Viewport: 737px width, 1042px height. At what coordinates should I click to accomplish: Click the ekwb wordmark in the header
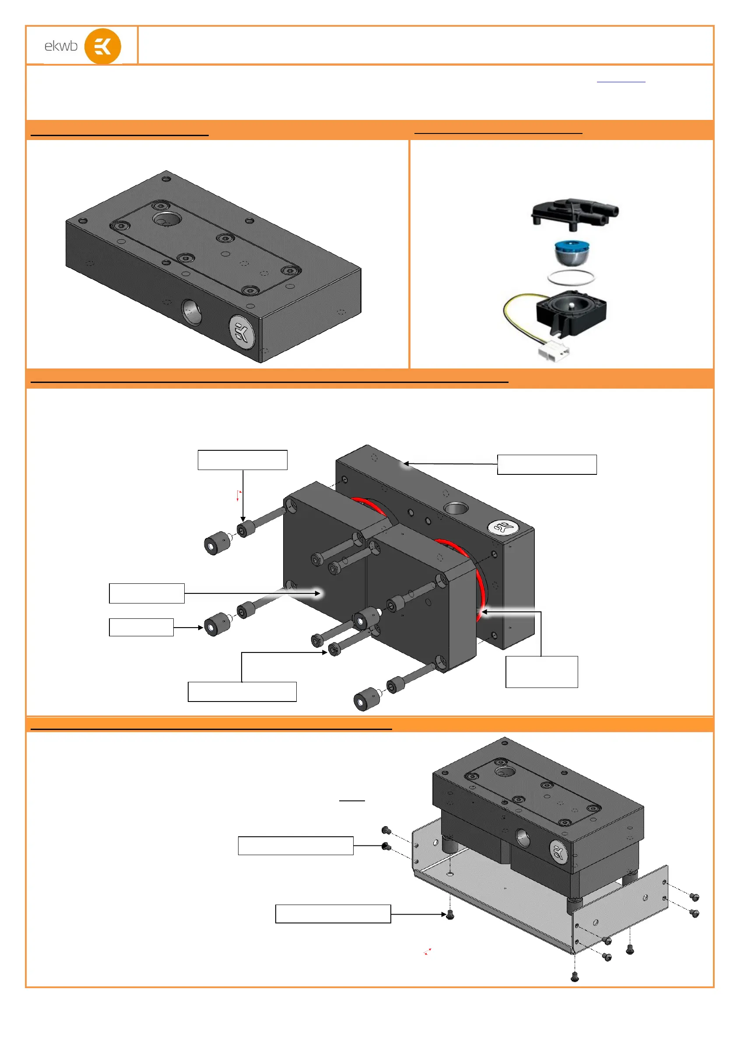[x=61, y=46]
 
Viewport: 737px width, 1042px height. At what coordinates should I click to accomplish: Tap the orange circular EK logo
[x=102, y=46]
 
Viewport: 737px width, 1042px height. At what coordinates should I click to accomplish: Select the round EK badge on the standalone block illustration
[x=242, y=332]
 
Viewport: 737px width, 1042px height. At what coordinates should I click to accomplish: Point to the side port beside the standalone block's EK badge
[x=192, y=312]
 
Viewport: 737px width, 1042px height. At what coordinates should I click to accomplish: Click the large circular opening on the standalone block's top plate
[x=167, y=219]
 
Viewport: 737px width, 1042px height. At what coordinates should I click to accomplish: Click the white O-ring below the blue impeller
[x=570, y=277]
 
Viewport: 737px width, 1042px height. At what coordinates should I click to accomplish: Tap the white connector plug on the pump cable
[x=554, y=351]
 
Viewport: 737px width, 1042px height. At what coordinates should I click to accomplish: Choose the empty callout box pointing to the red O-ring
[x=541, y=672]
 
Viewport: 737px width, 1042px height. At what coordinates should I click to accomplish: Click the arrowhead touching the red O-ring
[x=484, y=612]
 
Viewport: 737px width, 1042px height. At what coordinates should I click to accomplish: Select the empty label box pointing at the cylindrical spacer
[x=141, y=627]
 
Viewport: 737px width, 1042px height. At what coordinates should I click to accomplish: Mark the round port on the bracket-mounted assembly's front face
[x=523, y=838]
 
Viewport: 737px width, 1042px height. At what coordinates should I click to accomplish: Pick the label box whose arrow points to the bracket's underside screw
[x=333, y=914]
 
